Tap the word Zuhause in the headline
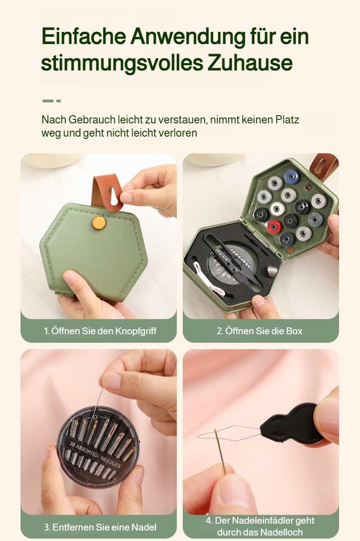click(x=250, y=63)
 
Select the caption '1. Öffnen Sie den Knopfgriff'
click(x=100, y=331)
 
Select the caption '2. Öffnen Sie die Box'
click(x=259, y=331)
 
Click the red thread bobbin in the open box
click(x=274, y=226)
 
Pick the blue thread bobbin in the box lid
click(x=291, y=176)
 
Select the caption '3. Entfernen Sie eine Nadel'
click(x=100, y=527)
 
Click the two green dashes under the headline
click(x=51, y=101)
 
